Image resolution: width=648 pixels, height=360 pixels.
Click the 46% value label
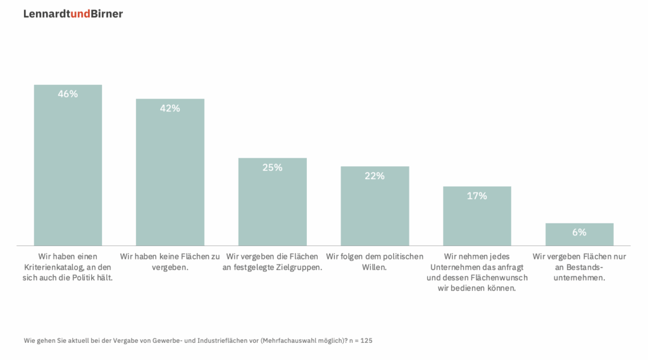[x=68, y=94]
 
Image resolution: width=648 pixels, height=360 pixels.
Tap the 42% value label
[x=170, y=108]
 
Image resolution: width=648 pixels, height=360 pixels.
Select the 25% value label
[x=272, y=168]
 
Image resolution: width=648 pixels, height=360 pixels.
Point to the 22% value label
[x=375, y=176]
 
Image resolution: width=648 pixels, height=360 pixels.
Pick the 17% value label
[x=477, y=196]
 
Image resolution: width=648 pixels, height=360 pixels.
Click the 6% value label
[x=579, y=232]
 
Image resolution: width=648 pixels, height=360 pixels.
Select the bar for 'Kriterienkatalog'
[x=68, y=171]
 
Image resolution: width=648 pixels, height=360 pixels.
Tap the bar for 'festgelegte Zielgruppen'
[x=272, y=209]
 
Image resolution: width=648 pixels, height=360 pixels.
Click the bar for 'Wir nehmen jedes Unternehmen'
[x=477, y=221]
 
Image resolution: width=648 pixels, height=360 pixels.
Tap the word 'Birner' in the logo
[x=106, y=13]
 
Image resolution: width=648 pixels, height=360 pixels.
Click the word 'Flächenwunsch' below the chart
[x=489, y=278]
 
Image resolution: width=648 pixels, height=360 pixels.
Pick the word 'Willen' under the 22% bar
[x=375, y=267]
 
